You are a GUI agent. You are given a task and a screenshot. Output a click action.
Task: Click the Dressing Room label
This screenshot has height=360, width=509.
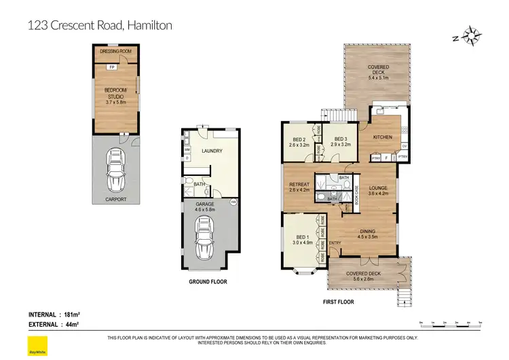point(115,52)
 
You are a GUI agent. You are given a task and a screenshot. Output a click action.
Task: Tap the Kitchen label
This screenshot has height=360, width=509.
point(383,137)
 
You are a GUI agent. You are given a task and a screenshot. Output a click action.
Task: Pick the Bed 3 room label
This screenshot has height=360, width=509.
point(340,141)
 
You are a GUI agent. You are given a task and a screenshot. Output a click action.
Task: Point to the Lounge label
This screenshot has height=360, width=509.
point(377,190)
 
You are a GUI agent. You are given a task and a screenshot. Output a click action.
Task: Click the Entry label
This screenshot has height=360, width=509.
point(335,243)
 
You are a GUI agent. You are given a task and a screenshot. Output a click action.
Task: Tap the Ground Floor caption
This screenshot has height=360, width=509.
point(208,281)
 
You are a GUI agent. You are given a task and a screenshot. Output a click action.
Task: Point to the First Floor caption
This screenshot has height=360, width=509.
point(337,302)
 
